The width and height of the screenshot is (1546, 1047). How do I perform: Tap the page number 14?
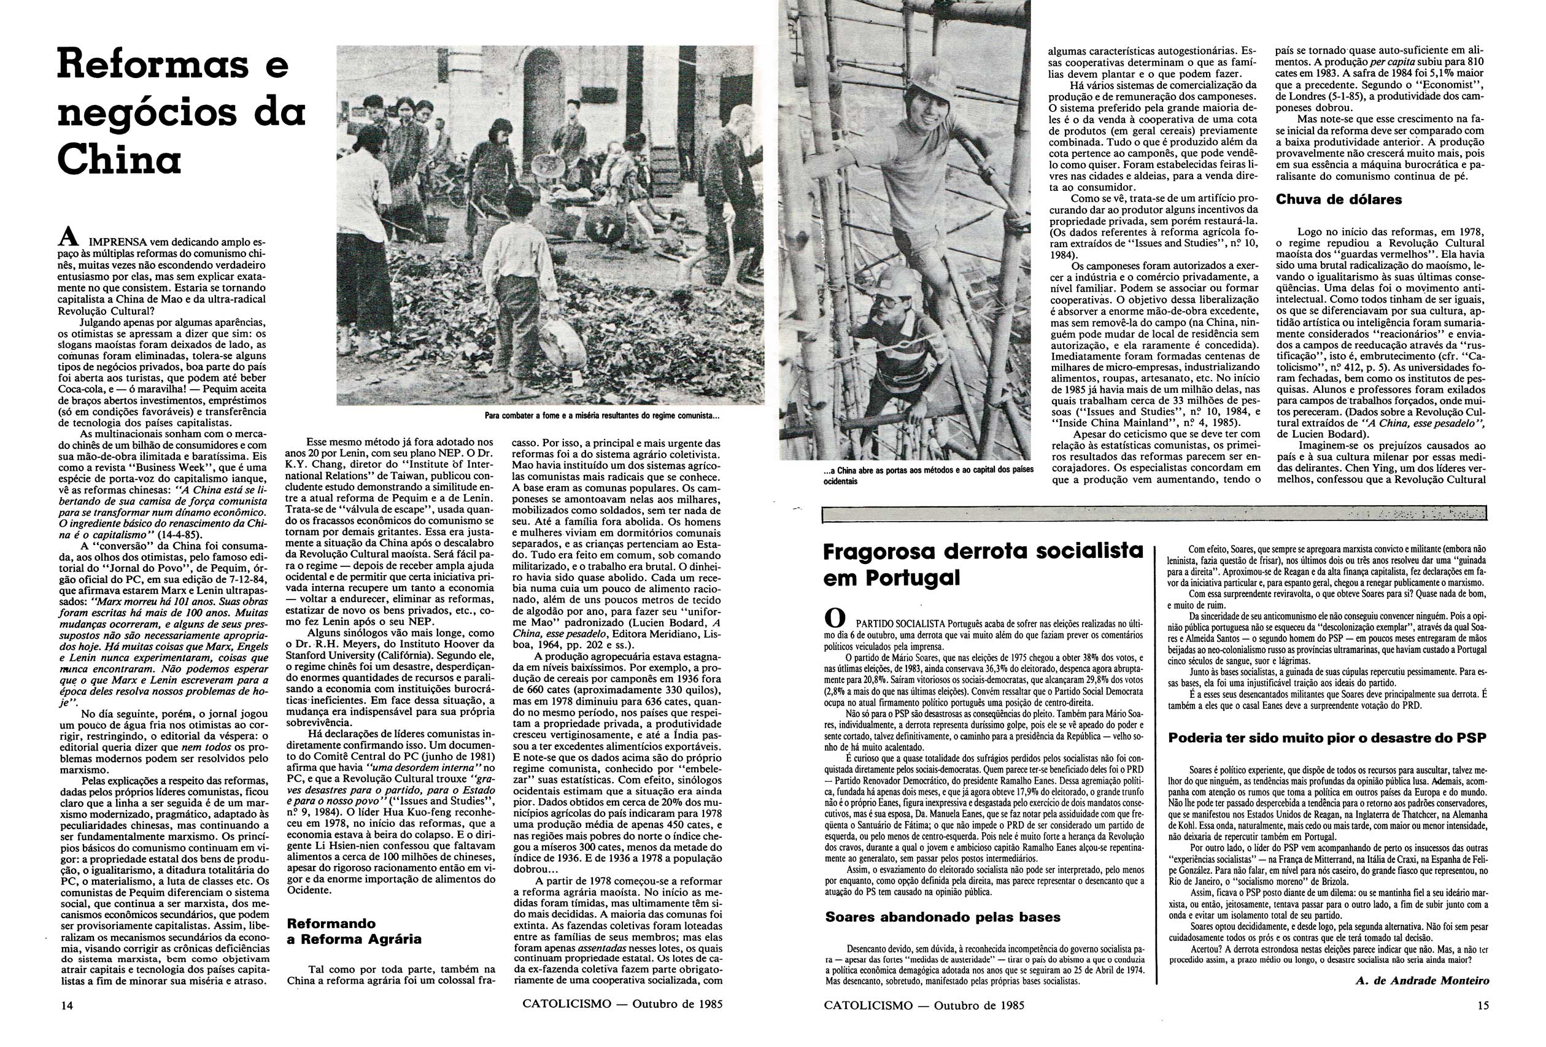[x=65, y=1005]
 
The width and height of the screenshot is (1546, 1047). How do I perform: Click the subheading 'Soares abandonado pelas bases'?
[x=943, y=917]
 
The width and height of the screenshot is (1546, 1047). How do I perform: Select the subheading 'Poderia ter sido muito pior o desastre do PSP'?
[x=1327, y=738]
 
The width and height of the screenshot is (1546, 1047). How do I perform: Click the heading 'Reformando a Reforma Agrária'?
[x=354, y=931]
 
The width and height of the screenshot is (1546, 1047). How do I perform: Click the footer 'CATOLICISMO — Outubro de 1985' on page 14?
[x=622, y=1005]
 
